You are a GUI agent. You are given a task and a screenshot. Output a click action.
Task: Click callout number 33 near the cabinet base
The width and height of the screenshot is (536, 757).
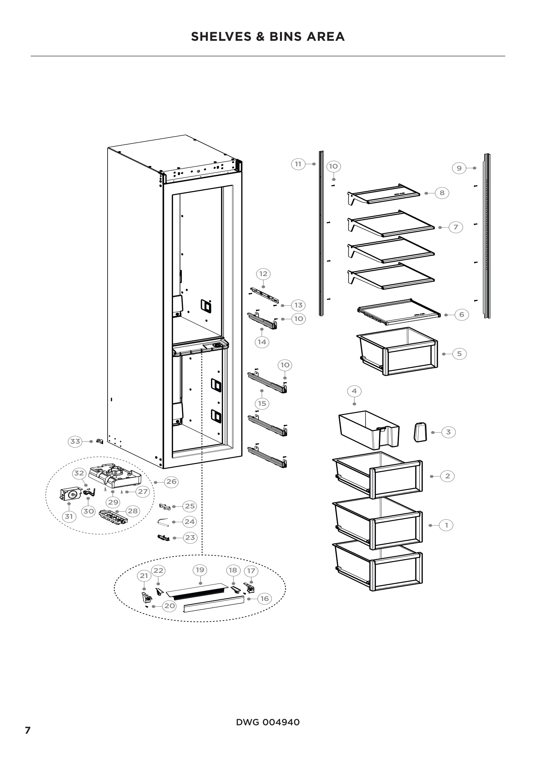coord(75,441)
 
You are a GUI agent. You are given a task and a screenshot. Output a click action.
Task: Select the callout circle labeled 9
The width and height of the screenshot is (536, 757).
coord(459,168)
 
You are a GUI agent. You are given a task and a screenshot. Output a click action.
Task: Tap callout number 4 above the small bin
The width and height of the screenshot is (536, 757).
coord(354,391)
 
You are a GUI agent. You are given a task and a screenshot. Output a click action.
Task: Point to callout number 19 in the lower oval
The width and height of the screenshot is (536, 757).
coord(200,570)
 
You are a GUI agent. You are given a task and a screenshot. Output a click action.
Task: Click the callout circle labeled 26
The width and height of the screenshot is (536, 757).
coord(171,482)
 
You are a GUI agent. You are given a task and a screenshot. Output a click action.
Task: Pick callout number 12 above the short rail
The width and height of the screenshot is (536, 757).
coord(263,274)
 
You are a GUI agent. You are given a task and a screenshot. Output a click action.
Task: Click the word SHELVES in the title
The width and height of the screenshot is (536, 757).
coord(221,37)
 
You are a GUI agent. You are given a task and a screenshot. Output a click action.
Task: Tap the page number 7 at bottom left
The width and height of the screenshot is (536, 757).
coord(28,730)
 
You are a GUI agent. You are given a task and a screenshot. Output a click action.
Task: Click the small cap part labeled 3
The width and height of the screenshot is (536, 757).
coord(420,432)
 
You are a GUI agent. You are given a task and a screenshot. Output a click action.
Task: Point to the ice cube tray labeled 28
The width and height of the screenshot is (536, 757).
coord(113,517)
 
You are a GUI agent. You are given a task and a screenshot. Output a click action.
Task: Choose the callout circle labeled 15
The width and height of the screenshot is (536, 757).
coord(262,403)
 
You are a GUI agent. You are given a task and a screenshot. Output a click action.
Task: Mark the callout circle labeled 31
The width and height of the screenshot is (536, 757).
coord(69,516)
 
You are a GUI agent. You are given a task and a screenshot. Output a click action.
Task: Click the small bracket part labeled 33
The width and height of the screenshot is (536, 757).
coord(99,441)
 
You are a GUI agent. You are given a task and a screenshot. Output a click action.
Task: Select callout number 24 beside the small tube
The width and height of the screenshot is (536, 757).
coord(190,522)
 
